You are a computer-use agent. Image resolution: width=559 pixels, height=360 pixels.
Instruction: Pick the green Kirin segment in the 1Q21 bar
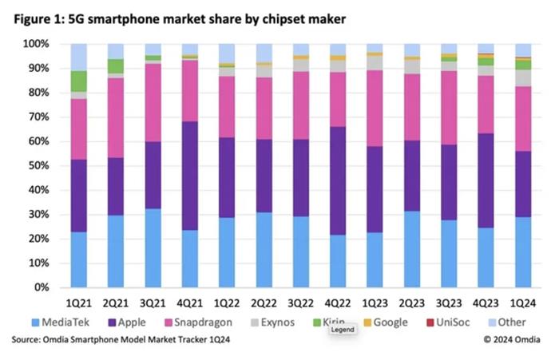point(78,81)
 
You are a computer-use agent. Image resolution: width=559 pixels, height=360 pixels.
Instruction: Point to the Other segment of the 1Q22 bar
point(227,53)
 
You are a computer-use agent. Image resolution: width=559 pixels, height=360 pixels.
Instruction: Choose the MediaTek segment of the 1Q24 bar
point(523,251)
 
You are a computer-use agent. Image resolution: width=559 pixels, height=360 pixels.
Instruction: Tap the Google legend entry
point(390,322)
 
